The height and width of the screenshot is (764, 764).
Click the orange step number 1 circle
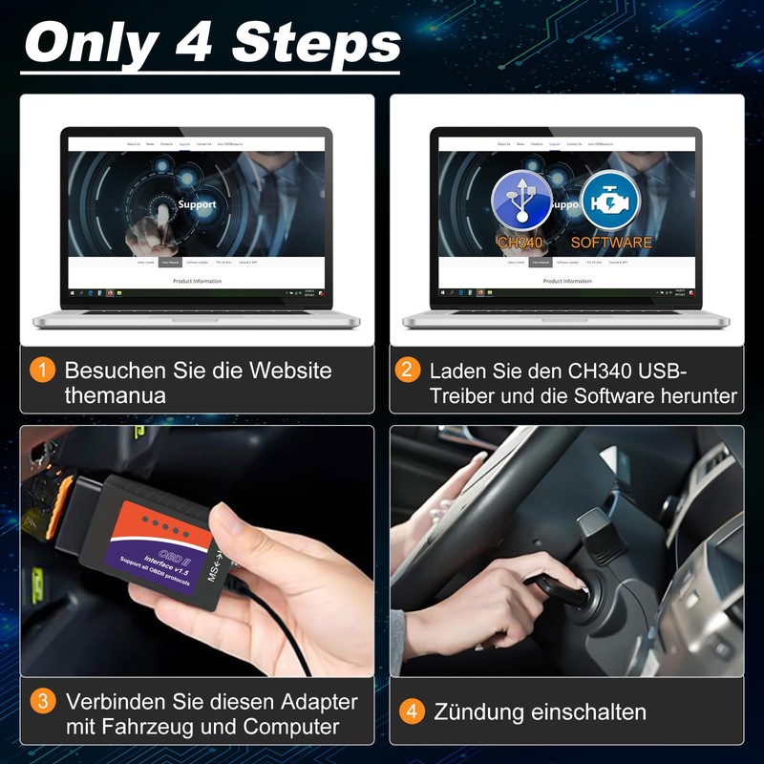pos(42,370)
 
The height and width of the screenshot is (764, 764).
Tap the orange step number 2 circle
pos(409,370)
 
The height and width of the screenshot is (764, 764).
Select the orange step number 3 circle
pos(42,701)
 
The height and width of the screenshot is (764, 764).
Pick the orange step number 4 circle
pos(412,711)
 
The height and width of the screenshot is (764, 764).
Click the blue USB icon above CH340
pos(521,201)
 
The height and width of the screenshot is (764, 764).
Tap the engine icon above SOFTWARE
pos(609,201)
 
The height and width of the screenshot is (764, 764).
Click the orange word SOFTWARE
pos(611,243)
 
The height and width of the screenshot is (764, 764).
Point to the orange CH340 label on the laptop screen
pos(520,243)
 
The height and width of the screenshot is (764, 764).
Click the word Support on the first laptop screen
pos(197,203)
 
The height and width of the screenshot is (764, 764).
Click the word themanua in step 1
pos(116,394)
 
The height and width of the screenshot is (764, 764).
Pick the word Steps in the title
pos(316,42)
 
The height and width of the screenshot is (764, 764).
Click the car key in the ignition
pos(559,587)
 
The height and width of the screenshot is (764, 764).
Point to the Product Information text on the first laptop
pos(197,281)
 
